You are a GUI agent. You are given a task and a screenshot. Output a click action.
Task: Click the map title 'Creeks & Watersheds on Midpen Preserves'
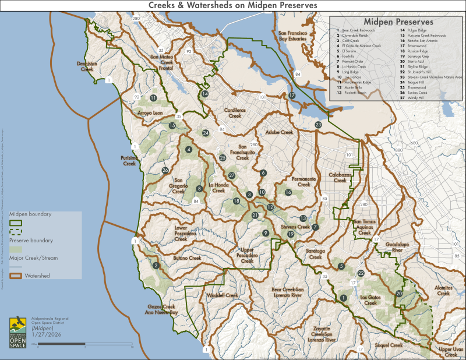pyautogui.click(x=232, y=5)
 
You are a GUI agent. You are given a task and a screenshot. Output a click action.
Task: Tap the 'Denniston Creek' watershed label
pyautogui.click(x=86, y=66)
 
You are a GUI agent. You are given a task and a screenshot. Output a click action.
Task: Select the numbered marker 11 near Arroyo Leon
pyautogui.click(x=153, y=98)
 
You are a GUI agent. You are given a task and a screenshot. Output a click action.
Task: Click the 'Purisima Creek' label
pyautogui.click(x=129, y=161)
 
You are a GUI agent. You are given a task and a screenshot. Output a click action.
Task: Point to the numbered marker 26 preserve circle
pyautogui.click(x=165, y=171)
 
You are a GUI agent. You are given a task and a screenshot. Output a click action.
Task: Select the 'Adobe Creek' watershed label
pyautogui.click(x=279, y=132)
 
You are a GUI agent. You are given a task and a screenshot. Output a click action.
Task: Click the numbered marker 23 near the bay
pyautogui.click(x=318, y=125)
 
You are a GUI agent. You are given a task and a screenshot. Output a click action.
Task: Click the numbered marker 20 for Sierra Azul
pyautogui.click(x=399, y=294)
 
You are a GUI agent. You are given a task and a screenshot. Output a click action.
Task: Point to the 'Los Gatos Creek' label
pyautogui.click(x=370, y=300)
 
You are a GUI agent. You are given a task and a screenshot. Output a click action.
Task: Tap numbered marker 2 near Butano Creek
pyautogui.click(x=156, y=266)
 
